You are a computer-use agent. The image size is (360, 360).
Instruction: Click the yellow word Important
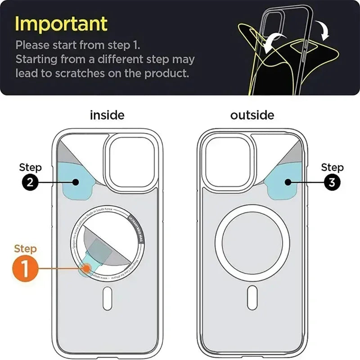pyautogui.click(x=61, y=23)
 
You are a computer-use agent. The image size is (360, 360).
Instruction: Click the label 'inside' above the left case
pyautogui.click(x=107, y=115)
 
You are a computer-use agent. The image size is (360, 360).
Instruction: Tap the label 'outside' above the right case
pyautogui.click(x=252, y=115)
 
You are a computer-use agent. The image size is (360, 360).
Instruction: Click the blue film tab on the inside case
pyautogui.click(x=75, y=182)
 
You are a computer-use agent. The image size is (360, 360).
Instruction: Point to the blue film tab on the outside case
pyautogui.click(x=284, y=182)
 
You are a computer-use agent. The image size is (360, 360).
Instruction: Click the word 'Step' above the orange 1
pyautogui.click(x=26, y=248)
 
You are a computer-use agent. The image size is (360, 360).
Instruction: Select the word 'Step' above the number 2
pyautogui.click(x=30, y=167)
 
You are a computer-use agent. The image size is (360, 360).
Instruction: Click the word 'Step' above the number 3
pyautogui.click(x=332, y=167)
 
